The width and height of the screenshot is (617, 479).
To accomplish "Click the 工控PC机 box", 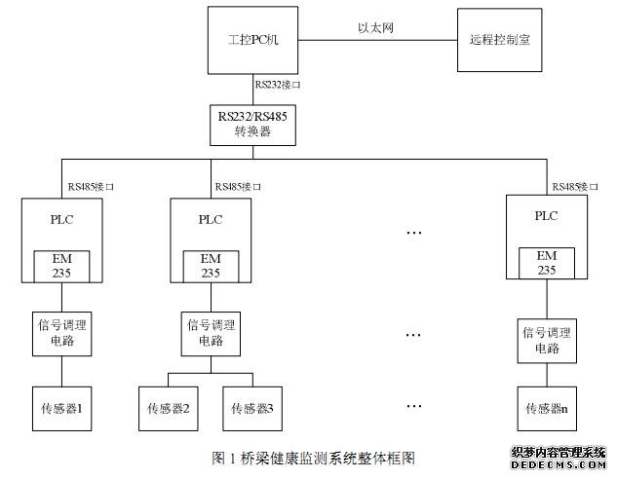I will point(253,41).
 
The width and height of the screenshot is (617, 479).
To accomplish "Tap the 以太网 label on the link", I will point(375,29).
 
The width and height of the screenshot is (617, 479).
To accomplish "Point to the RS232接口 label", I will point(278,85).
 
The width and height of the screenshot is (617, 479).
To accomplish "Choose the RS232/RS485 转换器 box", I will point(252,122).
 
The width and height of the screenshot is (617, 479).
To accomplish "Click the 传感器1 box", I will point(64,408).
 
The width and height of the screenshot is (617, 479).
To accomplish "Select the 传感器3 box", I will point(251,408).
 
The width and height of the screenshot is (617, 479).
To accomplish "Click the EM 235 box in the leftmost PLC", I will point(63,266).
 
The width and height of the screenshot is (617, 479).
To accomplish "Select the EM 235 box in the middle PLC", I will point(212,266).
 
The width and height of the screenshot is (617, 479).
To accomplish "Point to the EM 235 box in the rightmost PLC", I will point(547,263).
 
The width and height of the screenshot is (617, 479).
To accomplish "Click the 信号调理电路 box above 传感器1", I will point(63,332).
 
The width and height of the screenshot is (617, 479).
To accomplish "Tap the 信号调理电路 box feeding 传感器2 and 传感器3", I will point(212,332).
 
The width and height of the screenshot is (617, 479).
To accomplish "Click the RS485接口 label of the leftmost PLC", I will point(94,185).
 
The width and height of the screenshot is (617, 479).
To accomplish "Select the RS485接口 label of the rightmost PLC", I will point(575,185).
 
